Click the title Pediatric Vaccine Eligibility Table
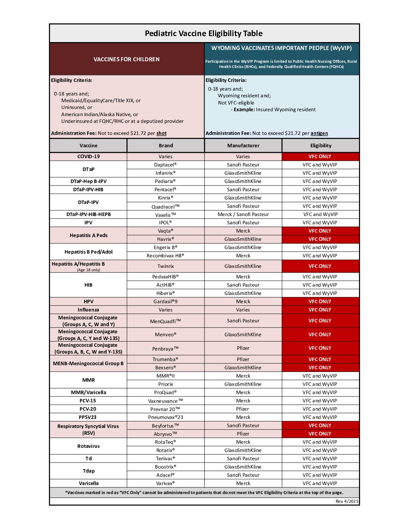203,33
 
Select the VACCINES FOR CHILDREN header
126,59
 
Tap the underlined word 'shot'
161,133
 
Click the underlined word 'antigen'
319,133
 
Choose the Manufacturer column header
243,146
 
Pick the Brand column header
166,146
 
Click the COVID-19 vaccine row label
88,157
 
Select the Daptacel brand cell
165,165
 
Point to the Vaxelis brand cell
165,215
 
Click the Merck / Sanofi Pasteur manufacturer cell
243,215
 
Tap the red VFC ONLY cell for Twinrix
320,266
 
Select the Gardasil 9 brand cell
165,302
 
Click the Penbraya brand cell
165,349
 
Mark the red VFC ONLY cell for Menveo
320,335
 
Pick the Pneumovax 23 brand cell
165,417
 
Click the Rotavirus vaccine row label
88,446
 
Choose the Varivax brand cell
165,484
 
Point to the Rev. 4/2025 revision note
347,502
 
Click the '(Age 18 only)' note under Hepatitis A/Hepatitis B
88,270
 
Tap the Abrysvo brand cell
165,434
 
